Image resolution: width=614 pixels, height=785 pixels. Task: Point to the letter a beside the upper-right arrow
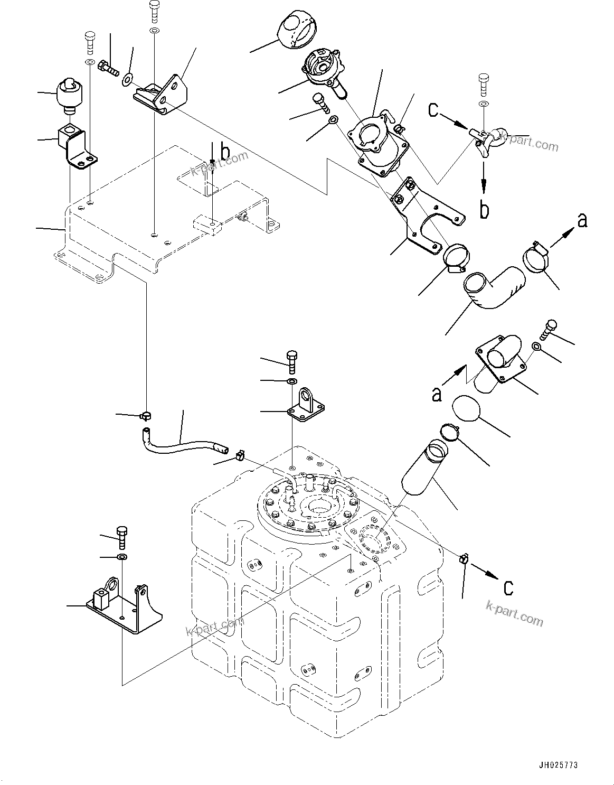pyautogui.click(x=582, y=220)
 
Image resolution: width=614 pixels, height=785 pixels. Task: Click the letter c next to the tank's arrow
pyautogui.click(x=508, y=587)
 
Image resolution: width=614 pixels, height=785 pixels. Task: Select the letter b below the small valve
pyautogui.click(x=484, y=209)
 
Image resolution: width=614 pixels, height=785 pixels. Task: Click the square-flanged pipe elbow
pyautogui.click(x=501, y=364)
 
